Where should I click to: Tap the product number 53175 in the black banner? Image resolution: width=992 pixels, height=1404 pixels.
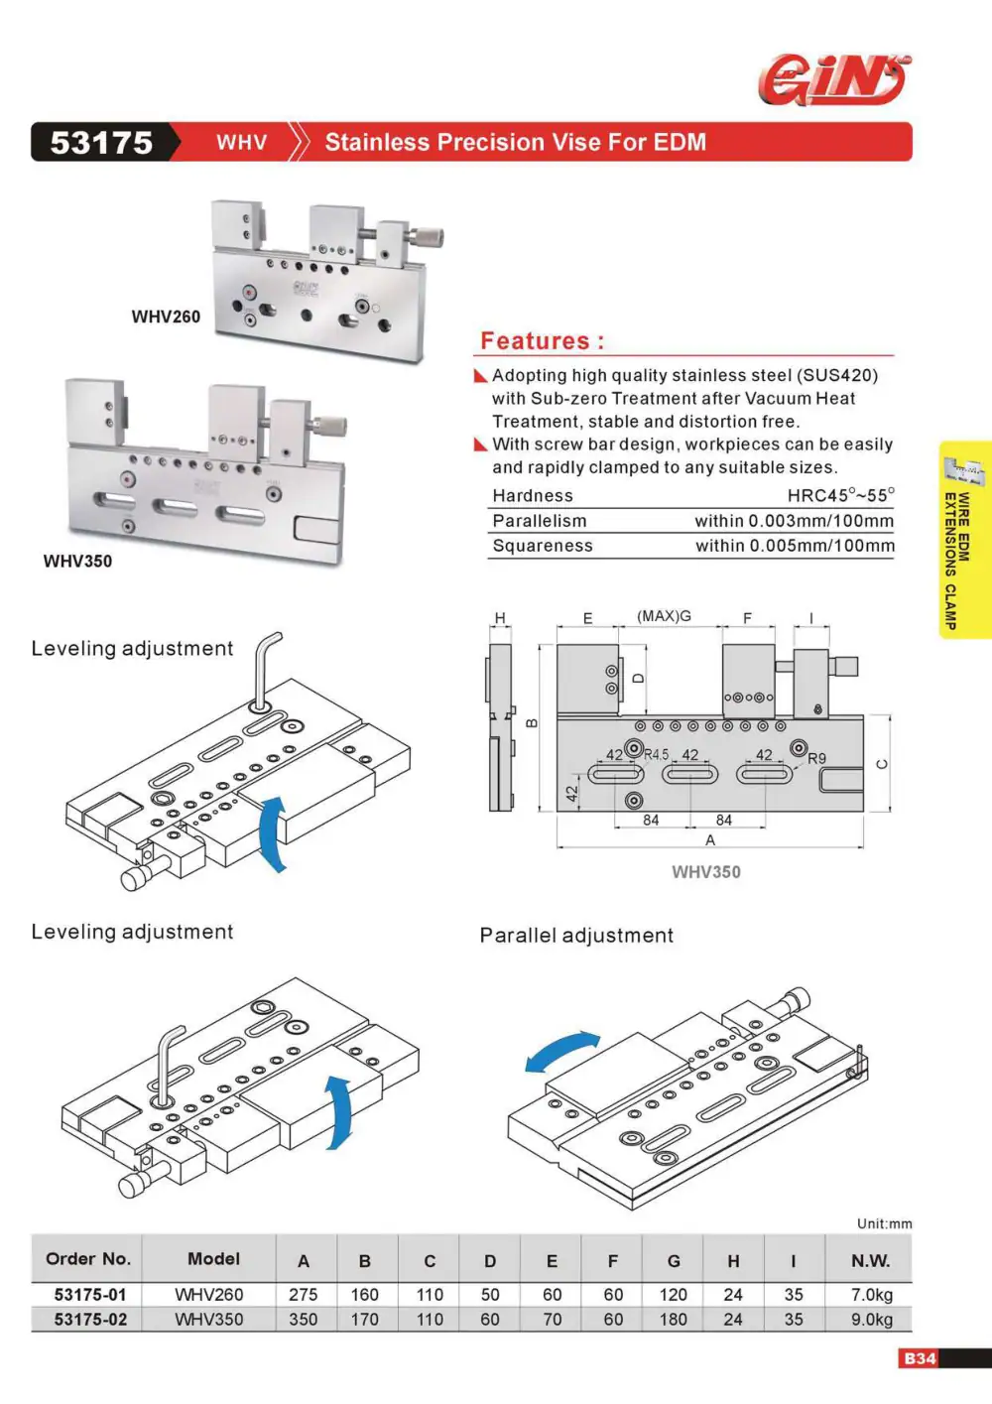pos(101,142)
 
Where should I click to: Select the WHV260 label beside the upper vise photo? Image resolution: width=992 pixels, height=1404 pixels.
pos(166,317)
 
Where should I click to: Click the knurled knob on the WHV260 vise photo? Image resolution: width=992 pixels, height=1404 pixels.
pos(427,237)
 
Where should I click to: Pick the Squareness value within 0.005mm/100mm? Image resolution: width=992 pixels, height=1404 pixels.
pos(795,546)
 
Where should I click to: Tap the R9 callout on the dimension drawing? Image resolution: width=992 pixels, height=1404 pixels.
pos(816,758)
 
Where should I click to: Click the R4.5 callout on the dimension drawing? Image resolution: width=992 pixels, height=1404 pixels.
pos(656,755)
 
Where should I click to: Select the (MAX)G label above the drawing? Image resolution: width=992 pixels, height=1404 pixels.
pos(664,616)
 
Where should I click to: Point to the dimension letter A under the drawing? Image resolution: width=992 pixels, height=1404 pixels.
pos(710,839)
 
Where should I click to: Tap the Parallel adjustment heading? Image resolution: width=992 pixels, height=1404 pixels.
pos(576,935)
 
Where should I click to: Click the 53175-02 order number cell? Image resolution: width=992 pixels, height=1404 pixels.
pos(90,1320)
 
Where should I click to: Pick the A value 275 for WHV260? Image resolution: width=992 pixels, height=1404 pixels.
pos(304,1294)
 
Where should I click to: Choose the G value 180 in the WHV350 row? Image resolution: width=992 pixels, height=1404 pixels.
pos(673,1320)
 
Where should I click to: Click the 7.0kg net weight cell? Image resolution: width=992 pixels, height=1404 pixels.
pos(871,1294)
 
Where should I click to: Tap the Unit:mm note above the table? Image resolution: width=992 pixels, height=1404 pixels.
pos(884,1223)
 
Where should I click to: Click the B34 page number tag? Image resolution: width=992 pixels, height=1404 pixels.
pos(920,1358)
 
